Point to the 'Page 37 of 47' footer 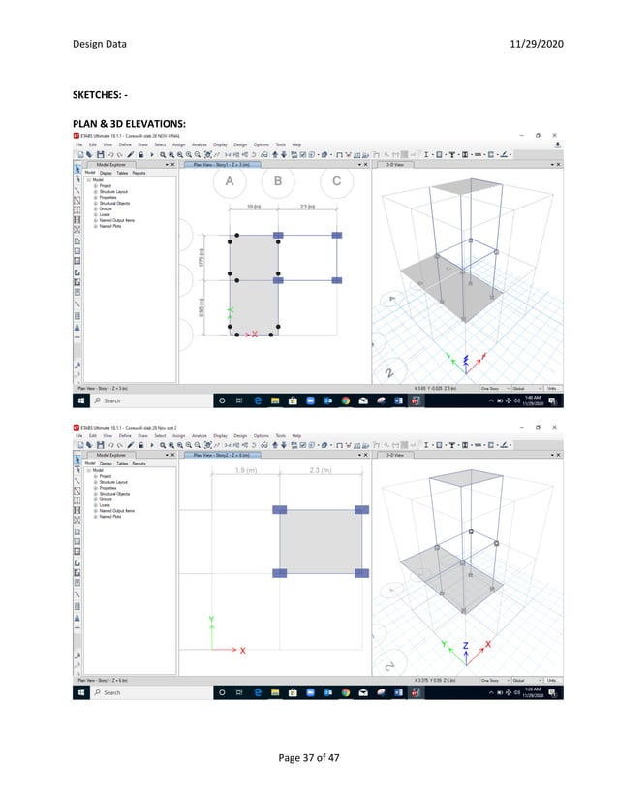click(308, 758)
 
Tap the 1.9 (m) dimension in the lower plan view click(246, 471)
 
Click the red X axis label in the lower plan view click(242, 650)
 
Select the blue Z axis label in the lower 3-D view click(466, 645)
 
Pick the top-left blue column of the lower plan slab click(280, 509)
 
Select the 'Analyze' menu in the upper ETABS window click(201, 144)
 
